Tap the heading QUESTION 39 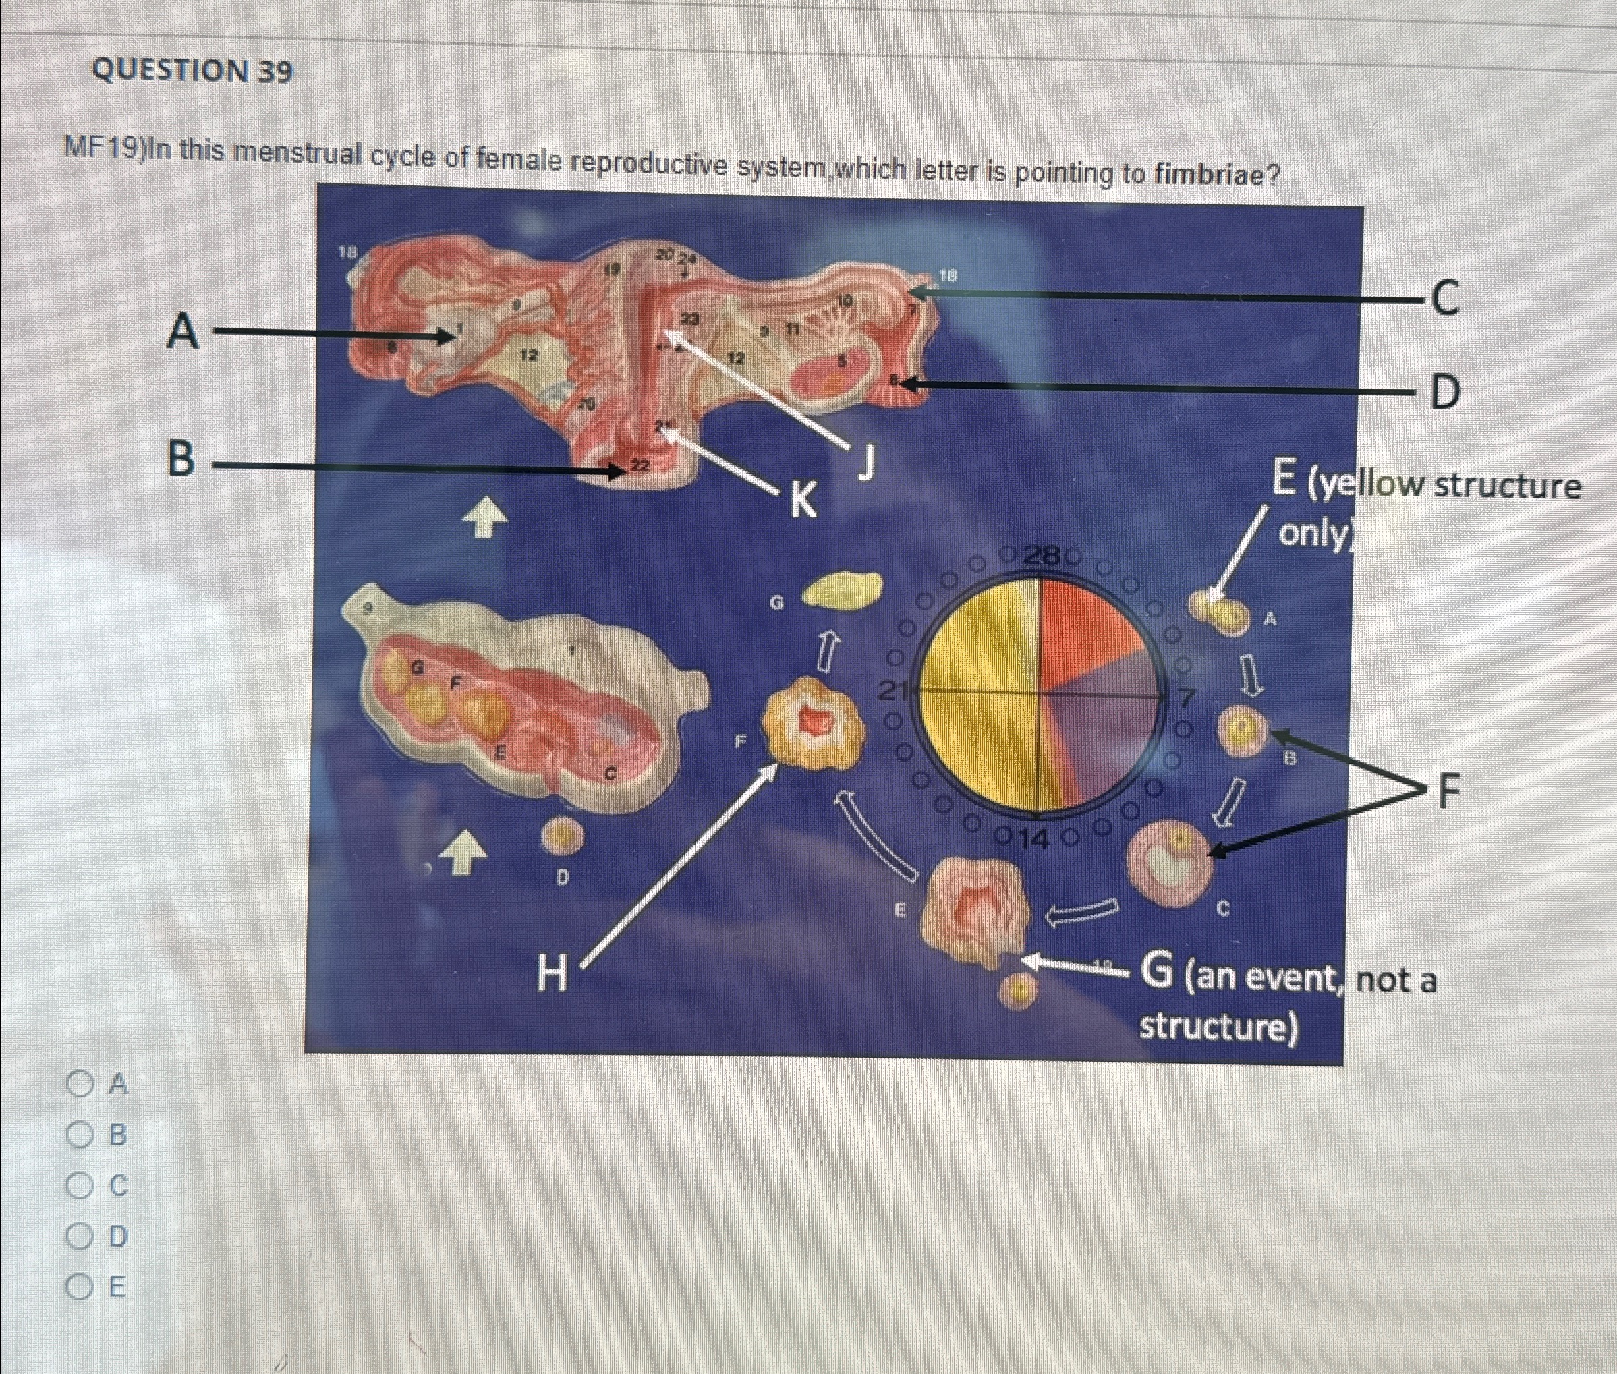(x=192, y=71)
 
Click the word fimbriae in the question (x=1216, y=173)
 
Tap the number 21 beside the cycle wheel (x=892, y=690)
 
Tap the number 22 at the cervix (x=640, y=465)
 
